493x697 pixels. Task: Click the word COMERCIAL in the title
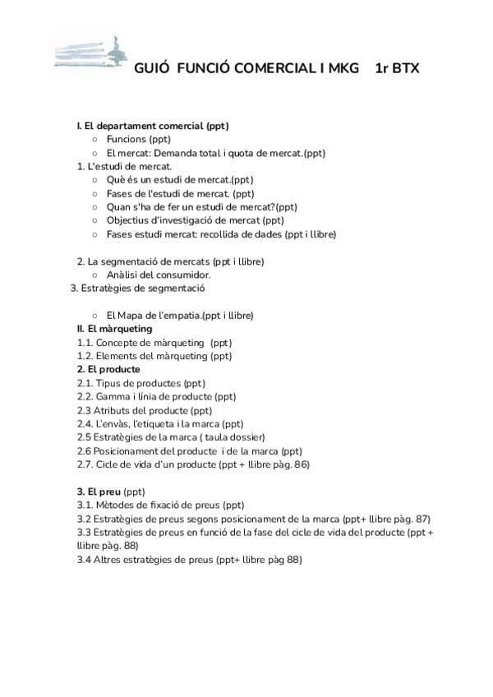[270, 68]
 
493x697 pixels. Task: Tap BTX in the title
[404, 68]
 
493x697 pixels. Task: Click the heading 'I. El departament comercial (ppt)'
[152, 126]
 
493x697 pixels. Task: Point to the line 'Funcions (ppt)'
[138, 140]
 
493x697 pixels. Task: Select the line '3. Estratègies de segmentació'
[137, 288]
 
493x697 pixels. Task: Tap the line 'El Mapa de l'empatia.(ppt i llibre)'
[180, 316]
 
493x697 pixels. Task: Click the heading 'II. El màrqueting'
[114, 329]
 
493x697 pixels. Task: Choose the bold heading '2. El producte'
[108, 369]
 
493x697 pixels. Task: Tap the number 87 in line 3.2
[422, 519]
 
